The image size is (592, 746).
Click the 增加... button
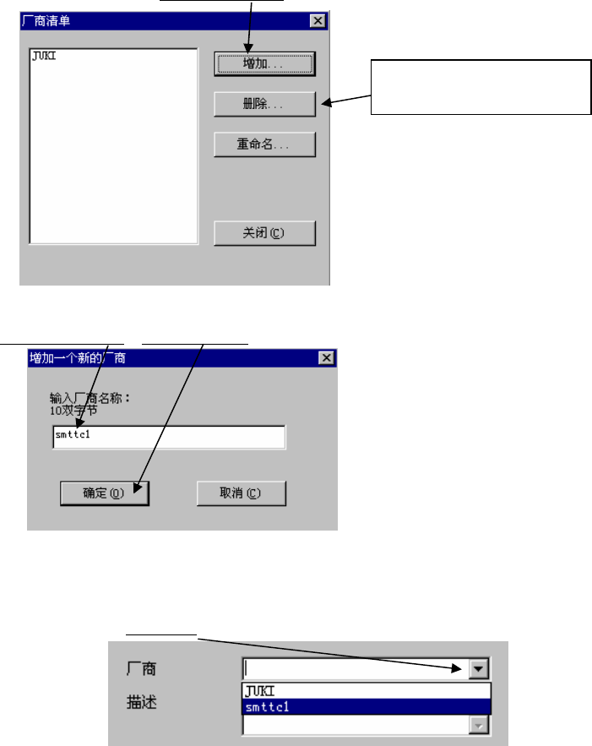click(265, 63)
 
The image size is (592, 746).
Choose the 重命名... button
click(265, 144)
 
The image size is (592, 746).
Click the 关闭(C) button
click(265, 232)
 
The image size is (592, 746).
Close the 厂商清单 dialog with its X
click(317, 20)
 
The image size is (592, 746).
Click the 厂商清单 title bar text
click(46, 20)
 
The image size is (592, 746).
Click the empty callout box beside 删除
click(480, 86)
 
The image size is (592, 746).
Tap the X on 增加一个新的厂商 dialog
click(326, 357)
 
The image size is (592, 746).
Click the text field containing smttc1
click(167, 438)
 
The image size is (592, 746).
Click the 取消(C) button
click(241, 493)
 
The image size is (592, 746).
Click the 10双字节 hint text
click(73, 409)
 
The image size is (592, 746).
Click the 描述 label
click(138, 702)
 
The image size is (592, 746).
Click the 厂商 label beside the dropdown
click(138, 669)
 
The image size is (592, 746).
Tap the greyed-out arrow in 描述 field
click(480, 725)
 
